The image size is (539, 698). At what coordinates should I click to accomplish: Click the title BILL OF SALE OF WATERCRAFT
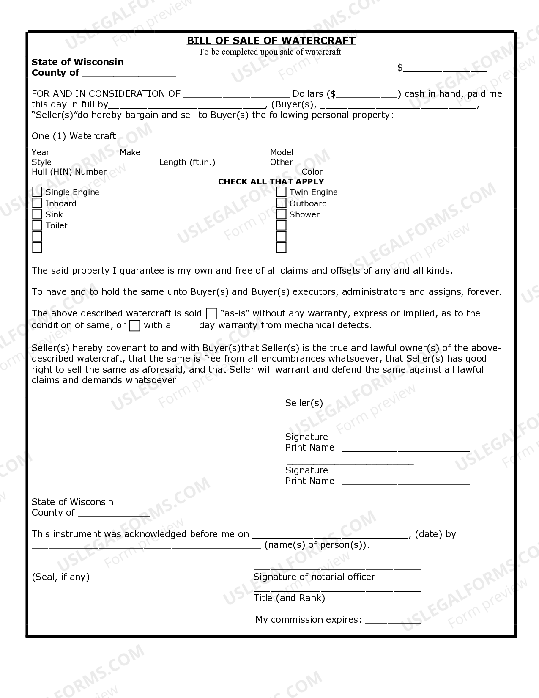point(271,41)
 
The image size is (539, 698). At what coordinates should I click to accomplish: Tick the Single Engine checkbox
point(37,192)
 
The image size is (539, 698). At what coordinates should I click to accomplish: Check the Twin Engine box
point(282,192)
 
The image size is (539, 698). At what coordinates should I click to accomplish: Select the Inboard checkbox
point(37,203)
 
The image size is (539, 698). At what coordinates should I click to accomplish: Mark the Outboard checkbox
point(282,203)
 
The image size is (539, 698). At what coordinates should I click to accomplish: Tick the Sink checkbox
point(37,214)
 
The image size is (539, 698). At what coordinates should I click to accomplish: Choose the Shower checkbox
point(282,214)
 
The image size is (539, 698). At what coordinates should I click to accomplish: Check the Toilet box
point(37,225)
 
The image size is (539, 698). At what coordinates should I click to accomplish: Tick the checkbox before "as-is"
point(211,313)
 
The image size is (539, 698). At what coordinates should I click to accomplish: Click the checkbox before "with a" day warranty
point(135,325)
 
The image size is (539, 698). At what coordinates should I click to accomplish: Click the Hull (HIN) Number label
point(69,172)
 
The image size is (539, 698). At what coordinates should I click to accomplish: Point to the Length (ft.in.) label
point(187,162)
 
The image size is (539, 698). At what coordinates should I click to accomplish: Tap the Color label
point(312,172)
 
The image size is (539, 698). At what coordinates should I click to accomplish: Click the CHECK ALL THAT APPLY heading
point(271,181)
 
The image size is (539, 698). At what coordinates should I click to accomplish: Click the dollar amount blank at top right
point(445,69)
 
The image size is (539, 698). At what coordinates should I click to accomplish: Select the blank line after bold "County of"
point(129,74)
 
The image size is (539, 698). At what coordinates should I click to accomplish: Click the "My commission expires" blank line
point(393,620)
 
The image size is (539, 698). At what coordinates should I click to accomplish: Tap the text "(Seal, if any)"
point(61,577)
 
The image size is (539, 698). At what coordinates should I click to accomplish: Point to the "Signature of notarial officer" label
point(314,577)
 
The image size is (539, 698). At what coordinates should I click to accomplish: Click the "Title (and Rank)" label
point(289,598)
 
